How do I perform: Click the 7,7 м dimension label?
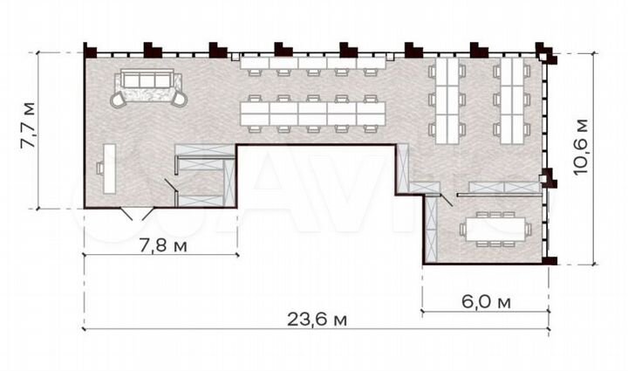[29, 130]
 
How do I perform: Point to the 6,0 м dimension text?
[485, 302]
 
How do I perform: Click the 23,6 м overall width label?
[316, 319]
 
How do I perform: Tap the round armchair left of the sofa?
[118, 99]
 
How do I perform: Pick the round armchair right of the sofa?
[180, 99]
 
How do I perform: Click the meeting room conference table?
[495, 229]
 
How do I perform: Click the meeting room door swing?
[446, 199]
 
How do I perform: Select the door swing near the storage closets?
[171, 185]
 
